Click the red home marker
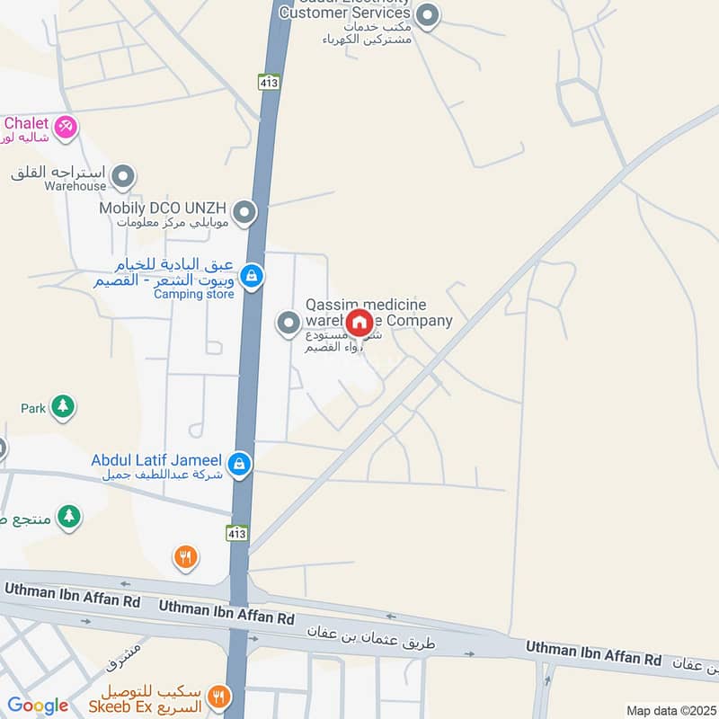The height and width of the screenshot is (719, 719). tap(359, 323)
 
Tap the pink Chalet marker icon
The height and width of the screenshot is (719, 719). tap(65, 128)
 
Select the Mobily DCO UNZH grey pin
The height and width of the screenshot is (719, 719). tap(244, 214)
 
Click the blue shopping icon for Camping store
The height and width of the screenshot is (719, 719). tap(253, 276)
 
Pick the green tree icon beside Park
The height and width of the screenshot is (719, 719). tap(62, 407)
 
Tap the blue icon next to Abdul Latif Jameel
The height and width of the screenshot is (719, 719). tap(239, 464)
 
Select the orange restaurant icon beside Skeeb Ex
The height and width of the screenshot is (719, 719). tap(219, 697)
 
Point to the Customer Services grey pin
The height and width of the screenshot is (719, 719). tap(429, 14)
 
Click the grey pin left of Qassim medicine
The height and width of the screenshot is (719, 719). tap(288, 323)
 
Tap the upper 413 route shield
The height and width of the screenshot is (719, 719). tap(269, 82)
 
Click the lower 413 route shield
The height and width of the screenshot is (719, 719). tap(236, 534)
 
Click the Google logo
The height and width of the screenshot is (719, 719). tap(37, 706)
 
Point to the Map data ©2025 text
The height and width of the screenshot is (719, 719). tap(670, 711)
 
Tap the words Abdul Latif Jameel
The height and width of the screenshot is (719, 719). tap(156, 460)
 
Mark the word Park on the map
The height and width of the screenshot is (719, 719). tap(33, 408)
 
